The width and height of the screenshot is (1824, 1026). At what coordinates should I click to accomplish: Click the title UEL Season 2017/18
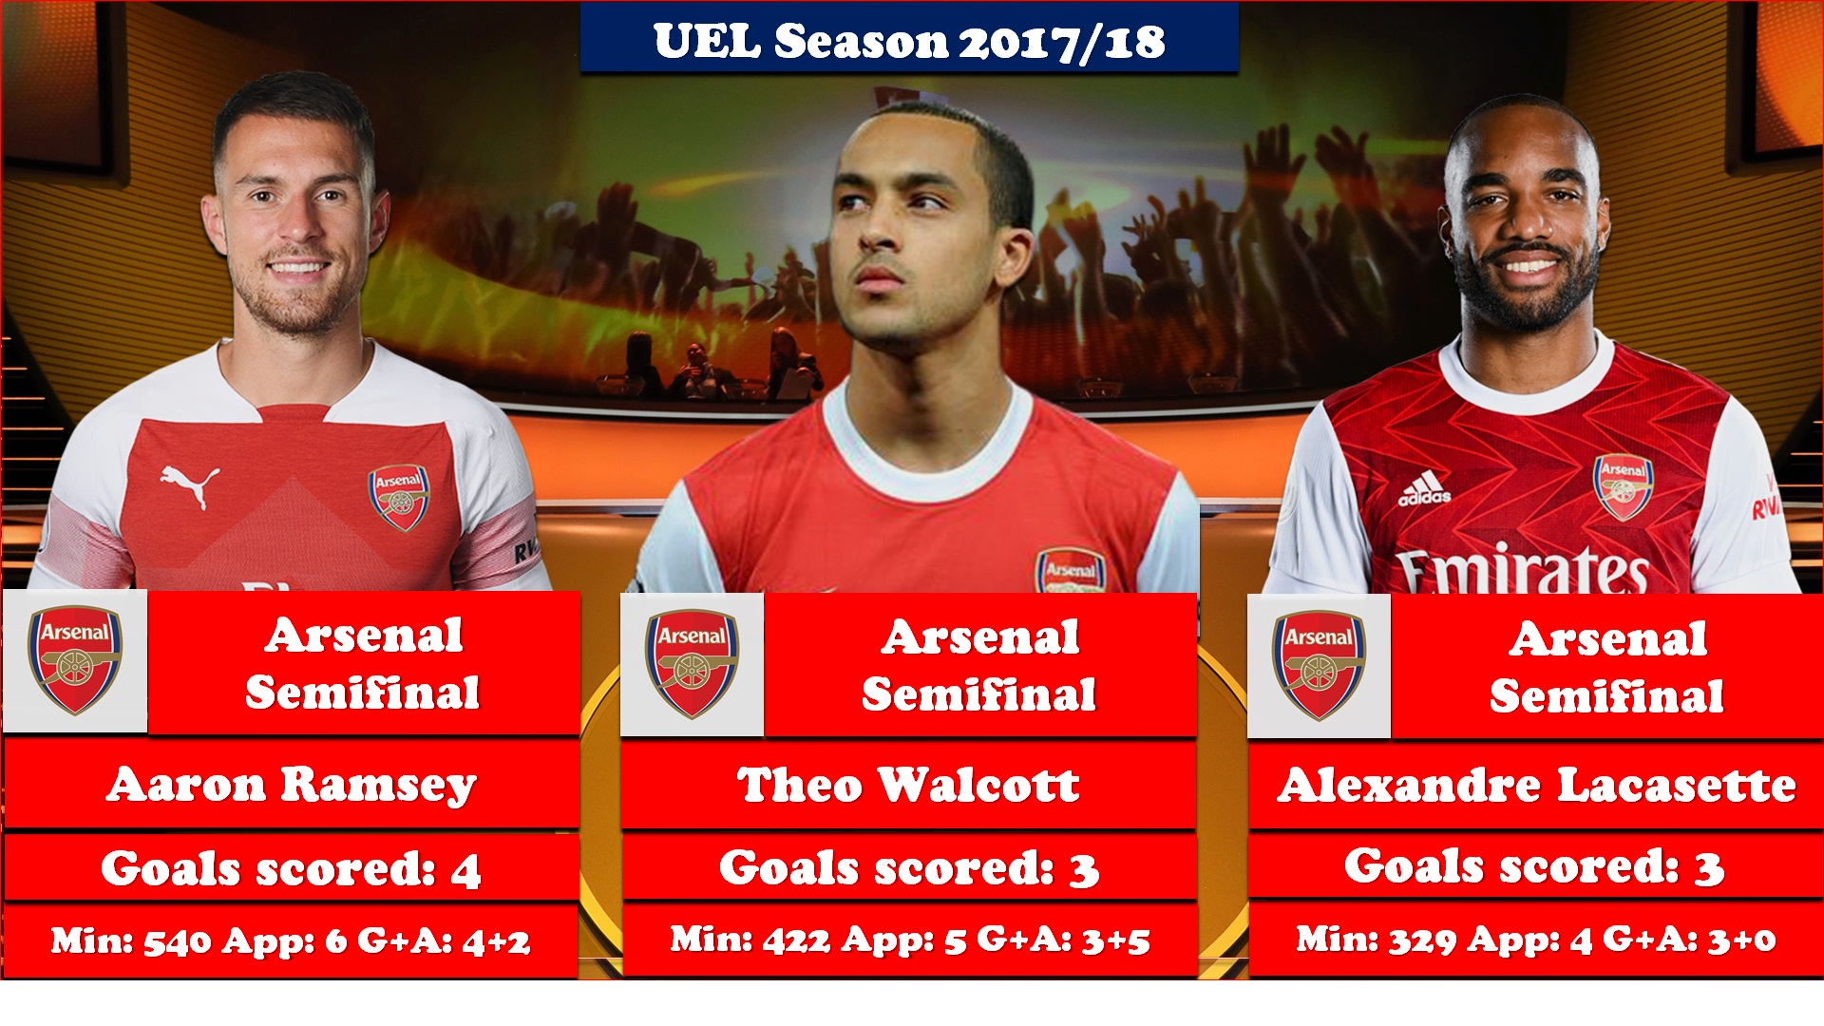909,42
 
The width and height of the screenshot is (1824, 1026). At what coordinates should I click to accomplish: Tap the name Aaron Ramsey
292,786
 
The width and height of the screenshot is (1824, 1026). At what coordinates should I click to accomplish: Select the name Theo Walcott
908,786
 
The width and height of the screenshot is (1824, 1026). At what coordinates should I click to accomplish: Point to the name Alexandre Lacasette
1536,786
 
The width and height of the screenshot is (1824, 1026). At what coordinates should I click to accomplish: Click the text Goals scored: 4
291,868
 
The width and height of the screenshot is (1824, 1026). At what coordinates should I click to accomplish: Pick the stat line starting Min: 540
291,940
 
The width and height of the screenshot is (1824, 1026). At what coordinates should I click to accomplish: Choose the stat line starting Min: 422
910,940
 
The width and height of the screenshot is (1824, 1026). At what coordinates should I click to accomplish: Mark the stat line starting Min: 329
1536,940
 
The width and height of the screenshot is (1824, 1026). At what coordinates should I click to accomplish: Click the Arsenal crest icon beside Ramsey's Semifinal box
75,661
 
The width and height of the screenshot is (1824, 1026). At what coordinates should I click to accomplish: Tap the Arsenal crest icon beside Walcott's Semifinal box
692,664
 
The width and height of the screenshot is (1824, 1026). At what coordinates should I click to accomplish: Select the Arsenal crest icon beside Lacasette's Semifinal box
1319,665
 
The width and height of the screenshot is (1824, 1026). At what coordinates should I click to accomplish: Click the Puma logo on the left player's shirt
190,485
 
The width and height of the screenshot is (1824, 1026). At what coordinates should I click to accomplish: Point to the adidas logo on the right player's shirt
1424,489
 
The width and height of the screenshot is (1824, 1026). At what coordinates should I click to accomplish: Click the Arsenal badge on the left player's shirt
399,497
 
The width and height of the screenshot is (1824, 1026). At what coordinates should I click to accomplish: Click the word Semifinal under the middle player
979,694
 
